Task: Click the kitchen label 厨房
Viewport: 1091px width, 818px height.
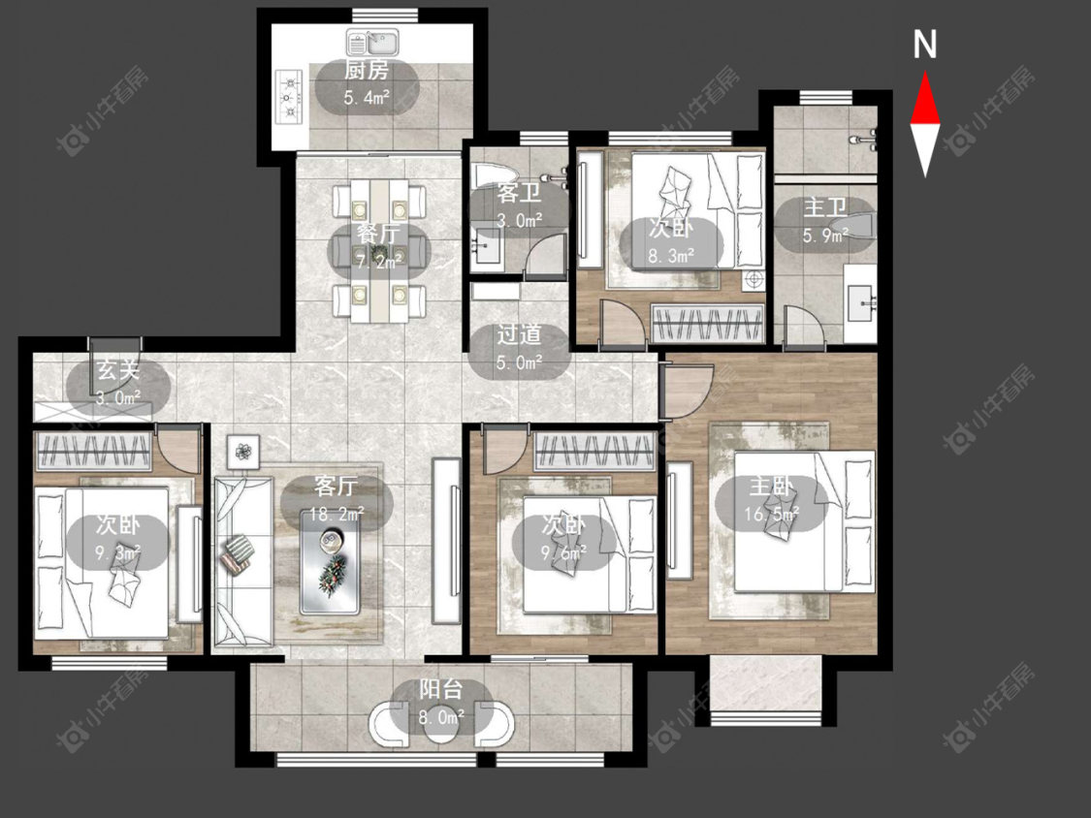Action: click(367, 70)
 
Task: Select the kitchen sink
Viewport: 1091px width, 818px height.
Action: click(373, 43)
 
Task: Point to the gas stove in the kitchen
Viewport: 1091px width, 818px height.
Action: click(290, 97)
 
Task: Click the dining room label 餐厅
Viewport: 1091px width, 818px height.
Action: click(379, 234)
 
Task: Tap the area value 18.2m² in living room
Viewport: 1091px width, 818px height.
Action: click(337, 514)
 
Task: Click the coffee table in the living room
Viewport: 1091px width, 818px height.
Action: click(330, 562)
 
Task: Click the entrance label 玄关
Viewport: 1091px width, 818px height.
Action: click(118, 370)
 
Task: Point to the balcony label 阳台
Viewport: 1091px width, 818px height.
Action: click(441, 690)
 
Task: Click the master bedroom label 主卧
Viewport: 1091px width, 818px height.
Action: click(771, 487)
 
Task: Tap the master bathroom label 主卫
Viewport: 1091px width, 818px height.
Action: click(825, 207)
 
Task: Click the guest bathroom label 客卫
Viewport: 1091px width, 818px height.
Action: click(519, 193)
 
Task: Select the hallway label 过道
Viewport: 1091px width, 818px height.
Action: click(519, 334)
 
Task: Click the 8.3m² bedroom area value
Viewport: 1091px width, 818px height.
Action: click(671, 256)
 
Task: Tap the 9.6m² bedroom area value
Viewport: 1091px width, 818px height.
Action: click(563, 553)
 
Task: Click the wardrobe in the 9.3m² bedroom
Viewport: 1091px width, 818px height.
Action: click(94, 451)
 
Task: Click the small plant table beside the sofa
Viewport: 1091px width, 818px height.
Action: click(242, 452)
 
